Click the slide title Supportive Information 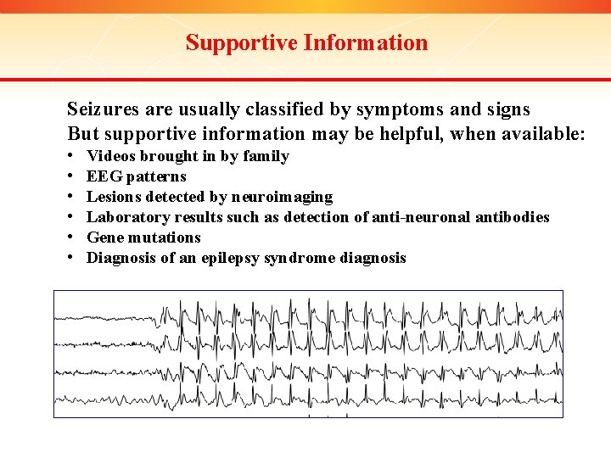(x=306, y=42)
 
